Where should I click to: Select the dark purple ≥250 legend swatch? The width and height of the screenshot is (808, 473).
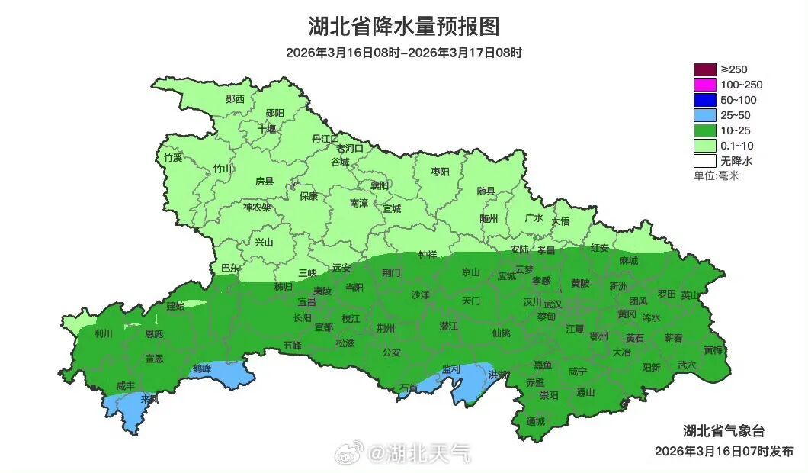point(704,69)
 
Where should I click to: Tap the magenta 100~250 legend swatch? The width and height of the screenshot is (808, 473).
point(704,85)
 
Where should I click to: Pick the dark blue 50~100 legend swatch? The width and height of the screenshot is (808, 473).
point(704,100)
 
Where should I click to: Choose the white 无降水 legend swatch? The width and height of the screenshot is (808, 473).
point(704,161)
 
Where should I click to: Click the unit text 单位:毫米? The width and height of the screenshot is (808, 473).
point(717,175)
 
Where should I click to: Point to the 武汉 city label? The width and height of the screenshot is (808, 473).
point(553,304)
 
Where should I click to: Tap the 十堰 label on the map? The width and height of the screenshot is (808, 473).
point(267,129)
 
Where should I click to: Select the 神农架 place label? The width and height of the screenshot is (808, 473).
point(257,207)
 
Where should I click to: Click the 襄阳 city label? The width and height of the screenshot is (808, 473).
point(380,185)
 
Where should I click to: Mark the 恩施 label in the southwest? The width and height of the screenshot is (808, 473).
point(153,333)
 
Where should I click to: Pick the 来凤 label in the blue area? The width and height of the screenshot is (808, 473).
point(149,398)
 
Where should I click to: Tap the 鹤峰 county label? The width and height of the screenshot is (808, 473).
point(201,368)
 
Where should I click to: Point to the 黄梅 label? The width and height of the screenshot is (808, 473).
point(713,350)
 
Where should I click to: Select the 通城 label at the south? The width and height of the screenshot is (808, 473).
point(536,421)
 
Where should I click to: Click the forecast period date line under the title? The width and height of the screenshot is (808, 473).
point(403,53)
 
